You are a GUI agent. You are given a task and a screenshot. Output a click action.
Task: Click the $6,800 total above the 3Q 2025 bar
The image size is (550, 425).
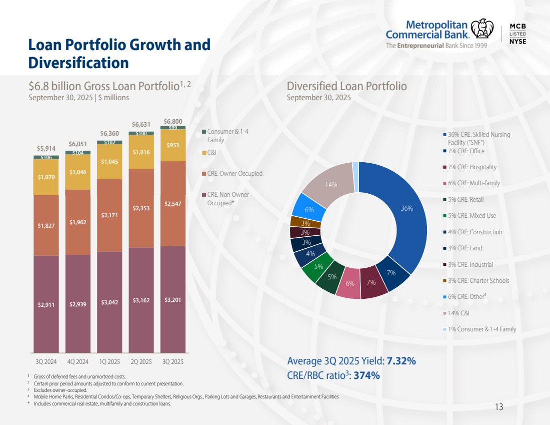[172, 121]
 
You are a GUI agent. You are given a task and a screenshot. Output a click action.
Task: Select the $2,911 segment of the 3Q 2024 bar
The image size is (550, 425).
[46, 304]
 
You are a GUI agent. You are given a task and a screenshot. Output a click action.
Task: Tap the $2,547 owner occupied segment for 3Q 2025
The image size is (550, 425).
[172, 203]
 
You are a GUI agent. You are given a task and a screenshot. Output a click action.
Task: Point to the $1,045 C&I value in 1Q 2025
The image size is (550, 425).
[109, 161]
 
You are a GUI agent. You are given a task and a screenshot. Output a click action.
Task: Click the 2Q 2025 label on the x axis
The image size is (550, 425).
[141, 361]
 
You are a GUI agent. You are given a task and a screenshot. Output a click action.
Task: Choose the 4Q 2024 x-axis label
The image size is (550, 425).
[77, 361]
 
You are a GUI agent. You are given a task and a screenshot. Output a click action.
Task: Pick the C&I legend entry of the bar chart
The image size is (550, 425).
[212, 153]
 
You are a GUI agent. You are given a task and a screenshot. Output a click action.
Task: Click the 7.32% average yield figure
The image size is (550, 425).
[401, 361]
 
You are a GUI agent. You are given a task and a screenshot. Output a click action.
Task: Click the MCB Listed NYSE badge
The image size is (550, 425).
[517, 34]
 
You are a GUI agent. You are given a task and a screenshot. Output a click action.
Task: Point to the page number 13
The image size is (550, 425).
[498, 407]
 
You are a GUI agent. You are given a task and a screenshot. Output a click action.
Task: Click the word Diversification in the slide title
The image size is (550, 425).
[78, 63]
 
